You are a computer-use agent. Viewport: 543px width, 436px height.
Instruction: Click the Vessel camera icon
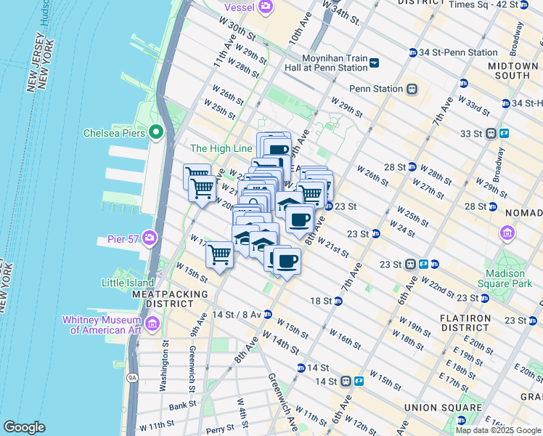click(266, 7)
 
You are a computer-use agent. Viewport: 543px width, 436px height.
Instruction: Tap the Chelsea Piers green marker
click(155, 132)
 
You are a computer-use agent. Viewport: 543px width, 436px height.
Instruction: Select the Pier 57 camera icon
click(150, 238)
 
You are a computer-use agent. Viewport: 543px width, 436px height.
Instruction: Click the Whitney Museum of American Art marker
click(152, 323)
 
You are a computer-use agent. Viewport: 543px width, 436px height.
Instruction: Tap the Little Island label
click(128, 283)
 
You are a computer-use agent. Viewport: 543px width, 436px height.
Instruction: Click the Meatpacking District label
click(169, 294)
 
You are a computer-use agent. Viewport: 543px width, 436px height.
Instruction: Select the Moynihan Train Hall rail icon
click(374, 62)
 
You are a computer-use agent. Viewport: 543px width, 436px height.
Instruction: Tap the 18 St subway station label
click(321, 300)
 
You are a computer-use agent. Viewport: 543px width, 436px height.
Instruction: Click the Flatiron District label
click(467, 318)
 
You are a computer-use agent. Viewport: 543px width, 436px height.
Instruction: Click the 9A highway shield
click(131, 377)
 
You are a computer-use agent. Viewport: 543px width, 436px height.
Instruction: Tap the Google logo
click(25, 427)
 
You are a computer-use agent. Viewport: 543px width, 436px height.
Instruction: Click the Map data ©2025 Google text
click(497, 430)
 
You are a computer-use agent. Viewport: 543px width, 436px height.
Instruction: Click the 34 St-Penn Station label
click(458, 52)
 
